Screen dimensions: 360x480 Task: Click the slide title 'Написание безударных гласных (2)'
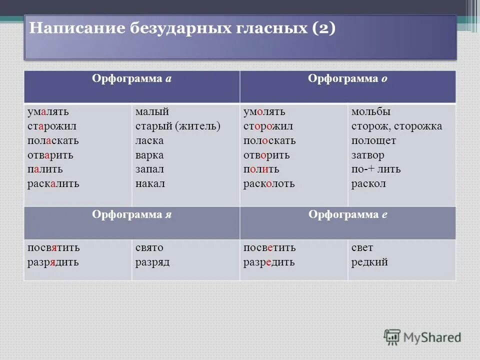pyautogui.click(x=182, y=28)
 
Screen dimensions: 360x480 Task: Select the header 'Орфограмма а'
pyautogui.click(x=132, y=79)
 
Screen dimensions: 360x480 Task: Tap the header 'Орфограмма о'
pyautogui.click(x=348, y=79)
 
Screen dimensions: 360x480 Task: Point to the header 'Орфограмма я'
pyautogui.click(x=132, y=214)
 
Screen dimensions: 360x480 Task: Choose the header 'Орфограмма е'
pyautogui.click(x=348, y=214)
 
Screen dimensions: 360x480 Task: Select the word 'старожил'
pyautogui.click(x=51, y=126)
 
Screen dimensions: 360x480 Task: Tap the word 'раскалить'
pyautogui.click(x=53, y=184)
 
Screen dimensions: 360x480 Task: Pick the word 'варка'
pyautogui.click(x=149, y=155)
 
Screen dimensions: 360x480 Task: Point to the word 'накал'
pyautogui.click(x=150, y=184)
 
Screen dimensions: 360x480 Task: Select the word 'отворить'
pyautogui.click(x=266, y=155)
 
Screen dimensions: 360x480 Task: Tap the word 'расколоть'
pyautogui.click(x=269, y=184)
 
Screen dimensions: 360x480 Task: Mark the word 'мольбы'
pyautogui.click(x=370, y=111)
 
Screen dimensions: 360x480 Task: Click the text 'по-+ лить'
pyautogui.click(x=375, y=169)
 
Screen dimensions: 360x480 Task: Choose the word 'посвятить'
pyautogui.click(x=53, y=247)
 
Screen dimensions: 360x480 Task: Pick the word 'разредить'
pyautogui.click(x=269, y=262)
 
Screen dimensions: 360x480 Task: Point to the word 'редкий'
pyautogui.click(x=369, y=262)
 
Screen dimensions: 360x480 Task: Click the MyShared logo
pyautogui.click(x=422, y=337)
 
